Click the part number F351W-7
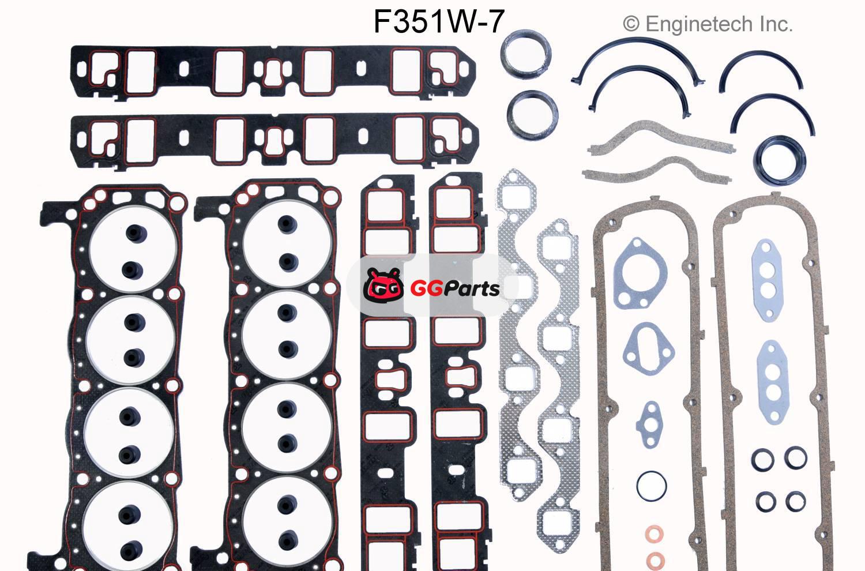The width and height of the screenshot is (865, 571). coord(439,21)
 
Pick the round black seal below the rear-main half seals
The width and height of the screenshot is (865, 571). coord(779,160)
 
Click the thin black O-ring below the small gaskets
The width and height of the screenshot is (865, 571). coord(651,486)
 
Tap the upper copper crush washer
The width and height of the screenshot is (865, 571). coord(654,534)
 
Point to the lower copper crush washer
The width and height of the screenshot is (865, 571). coord(655,559)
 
